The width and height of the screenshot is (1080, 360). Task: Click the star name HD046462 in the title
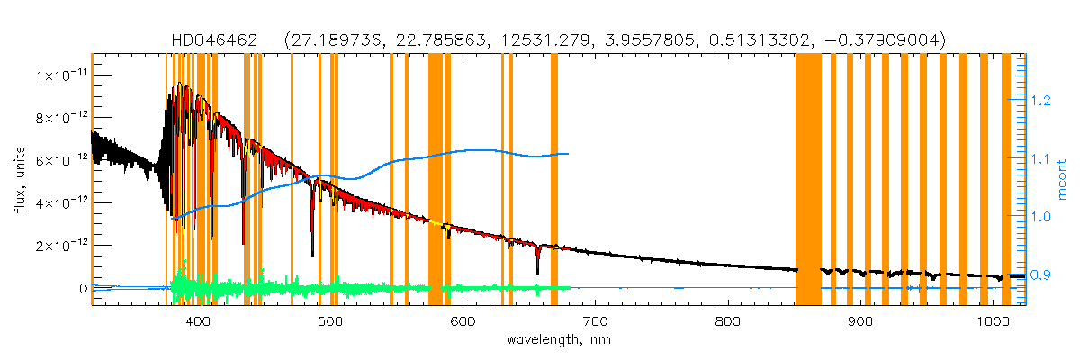215,40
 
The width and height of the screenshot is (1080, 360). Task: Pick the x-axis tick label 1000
993,321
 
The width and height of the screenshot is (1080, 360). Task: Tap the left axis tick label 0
82,288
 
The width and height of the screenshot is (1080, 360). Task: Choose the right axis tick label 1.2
1042,101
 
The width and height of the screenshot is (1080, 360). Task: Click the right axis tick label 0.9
1042,274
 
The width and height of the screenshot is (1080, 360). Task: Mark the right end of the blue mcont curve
569,154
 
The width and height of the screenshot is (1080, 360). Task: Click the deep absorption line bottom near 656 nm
537,272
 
